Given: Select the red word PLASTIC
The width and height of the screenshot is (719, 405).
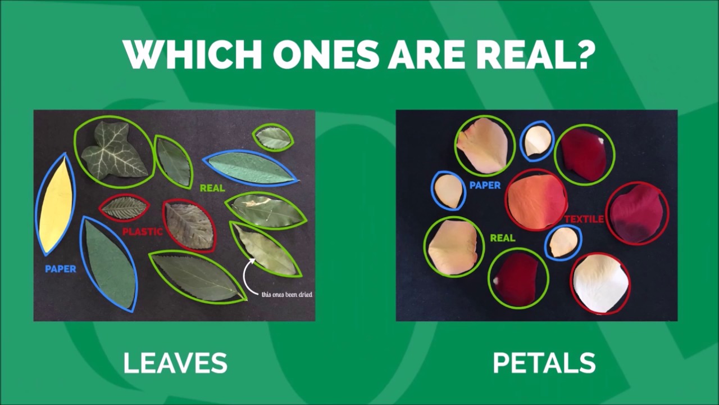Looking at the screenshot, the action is tap(143, 232).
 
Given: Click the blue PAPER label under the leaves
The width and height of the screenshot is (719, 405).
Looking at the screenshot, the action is tap(61, 269).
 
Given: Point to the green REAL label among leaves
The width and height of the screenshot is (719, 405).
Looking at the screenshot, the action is tap(212, 188).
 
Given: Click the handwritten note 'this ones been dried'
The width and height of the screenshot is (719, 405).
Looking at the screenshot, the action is tap(286, 294).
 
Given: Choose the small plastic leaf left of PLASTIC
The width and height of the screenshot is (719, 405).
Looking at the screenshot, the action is tap(124, 208).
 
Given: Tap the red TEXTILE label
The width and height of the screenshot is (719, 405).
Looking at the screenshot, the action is tap(584, 219).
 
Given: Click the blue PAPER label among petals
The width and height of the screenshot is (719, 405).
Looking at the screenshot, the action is tap(485, 186).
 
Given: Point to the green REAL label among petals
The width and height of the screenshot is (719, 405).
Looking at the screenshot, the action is tap(503, 238).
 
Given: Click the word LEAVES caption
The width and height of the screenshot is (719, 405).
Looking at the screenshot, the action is tap(175, 363).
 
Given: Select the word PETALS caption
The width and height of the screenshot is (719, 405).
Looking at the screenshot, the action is tap(544, 363).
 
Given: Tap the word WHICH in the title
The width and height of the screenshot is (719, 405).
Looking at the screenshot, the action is tap(194, 54).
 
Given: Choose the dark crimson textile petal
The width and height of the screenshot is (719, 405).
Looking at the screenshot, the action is tap(637, 214).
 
